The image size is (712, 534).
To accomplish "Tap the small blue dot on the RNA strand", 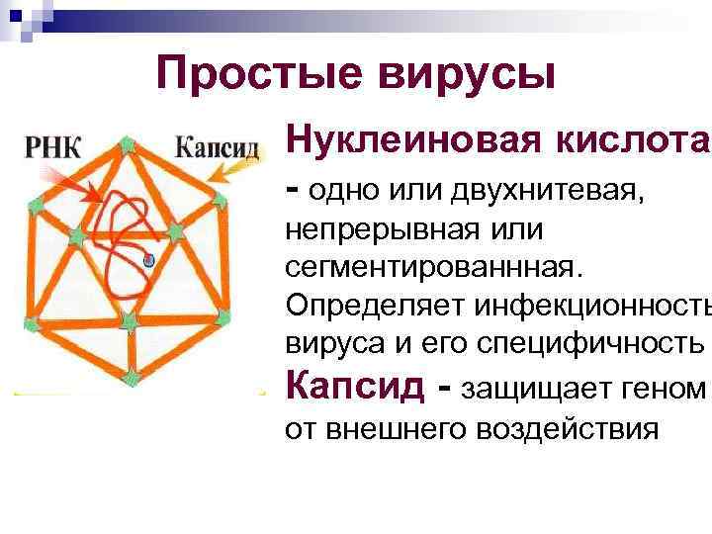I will tap(148, 261).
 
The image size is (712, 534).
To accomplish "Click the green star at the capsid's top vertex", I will tap(128, 145).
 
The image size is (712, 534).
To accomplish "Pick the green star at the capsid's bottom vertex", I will tap(133, 374).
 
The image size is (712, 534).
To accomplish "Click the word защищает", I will tap(533, 388).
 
